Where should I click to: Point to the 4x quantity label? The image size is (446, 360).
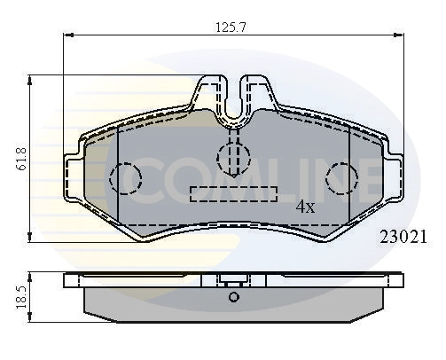pyautogui.click(x=305, y=207)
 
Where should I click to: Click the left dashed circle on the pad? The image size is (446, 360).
pyautogui.click(x=124, y=178)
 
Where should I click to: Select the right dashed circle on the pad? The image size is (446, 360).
pyautogui.click(x=341, y=177)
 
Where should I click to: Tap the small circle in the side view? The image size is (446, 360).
pyautogui.click(x=234, y=297)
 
